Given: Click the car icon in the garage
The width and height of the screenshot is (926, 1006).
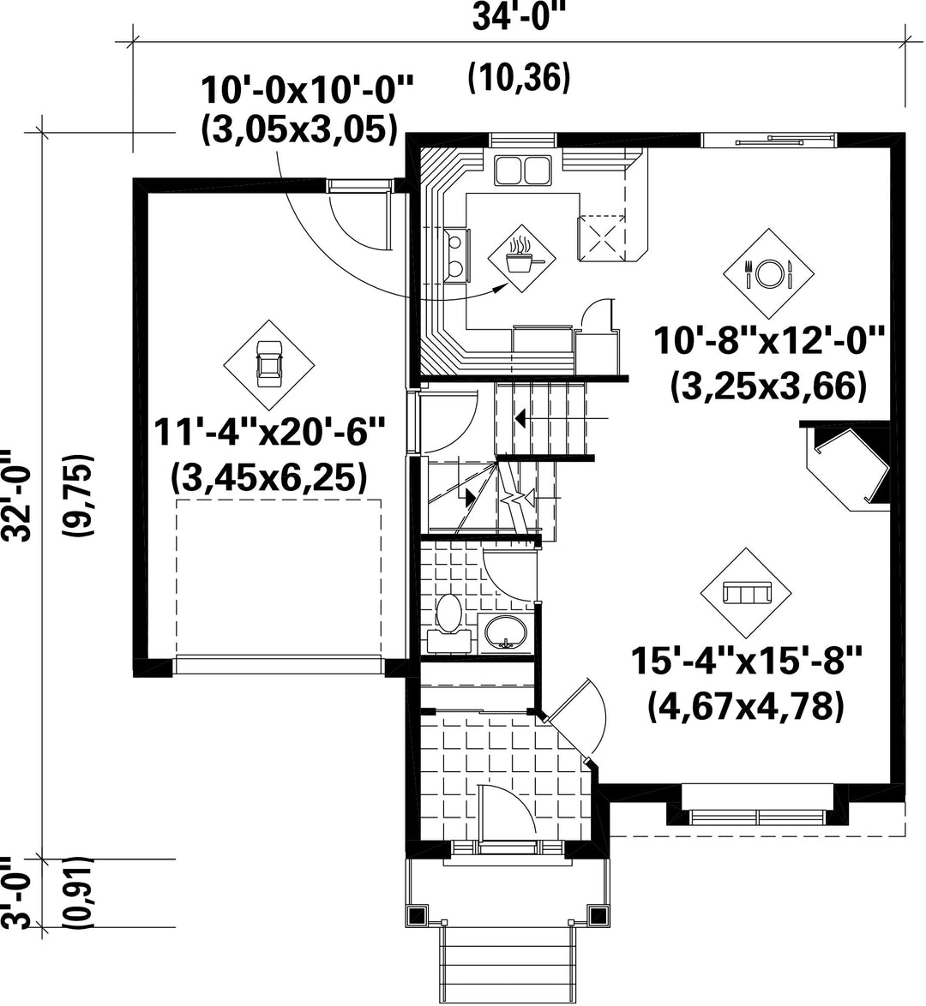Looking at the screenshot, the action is (x=268, y=364).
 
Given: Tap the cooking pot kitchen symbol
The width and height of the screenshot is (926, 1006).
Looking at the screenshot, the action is (x=522, y=258).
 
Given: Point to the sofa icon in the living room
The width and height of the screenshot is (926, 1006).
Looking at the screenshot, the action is (x=746, y=592).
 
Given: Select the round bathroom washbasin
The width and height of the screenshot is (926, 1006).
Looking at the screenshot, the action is (x=506, y=632).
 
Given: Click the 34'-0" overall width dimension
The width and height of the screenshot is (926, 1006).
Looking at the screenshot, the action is (x=521, y=17).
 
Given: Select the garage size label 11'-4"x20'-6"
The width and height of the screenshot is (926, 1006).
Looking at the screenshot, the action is (x=268, y=433).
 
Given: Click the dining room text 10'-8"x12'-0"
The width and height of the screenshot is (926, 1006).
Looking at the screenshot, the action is (x=769, y=341).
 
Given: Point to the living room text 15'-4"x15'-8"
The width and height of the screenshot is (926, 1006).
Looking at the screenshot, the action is (x=746, y=661).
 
